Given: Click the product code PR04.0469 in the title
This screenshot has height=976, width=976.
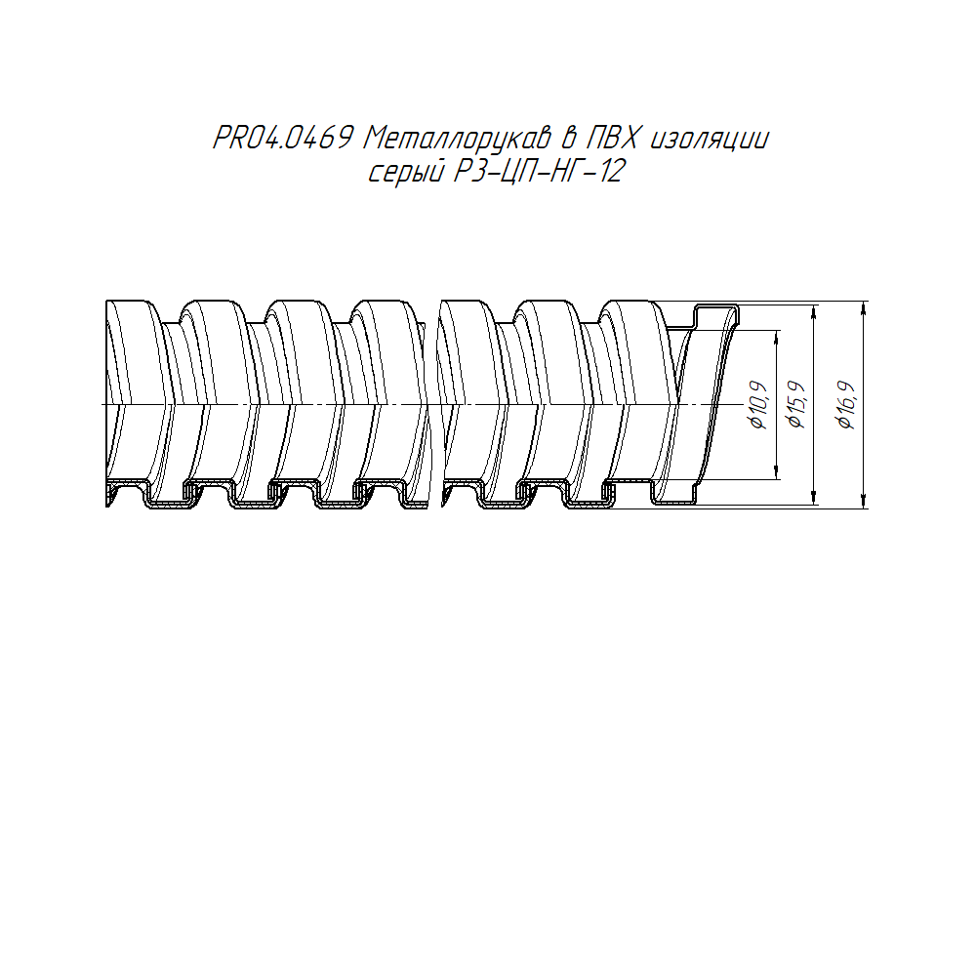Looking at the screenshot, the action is click(x=283, y=138).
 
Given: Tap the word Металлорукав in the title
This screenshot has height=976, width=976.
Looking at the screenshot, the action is click(x=458, y=139).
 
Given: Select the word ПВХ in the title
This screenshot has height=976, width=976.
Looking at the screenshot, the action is click(x=614, y=138).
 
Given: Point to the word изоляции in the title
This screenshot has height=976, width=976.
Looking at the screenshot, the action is click(x=711, y=140).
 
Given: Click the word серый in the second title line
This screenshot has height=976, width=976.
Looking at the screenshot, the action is click(x=406, y=172).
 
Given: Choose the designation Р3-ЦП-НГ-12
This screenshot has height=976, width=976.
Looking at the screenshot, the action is click(x=539, y=171).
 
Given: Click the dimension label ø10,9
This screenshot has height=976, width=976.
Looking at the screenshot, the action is click(x=759, y=405).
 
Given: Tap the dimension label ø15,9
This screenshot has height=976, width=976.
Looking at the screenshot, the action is click(x=796, y=405).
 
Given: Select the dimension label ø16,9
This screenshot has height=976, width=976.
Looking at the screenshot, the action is click(x=847, y=405).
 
